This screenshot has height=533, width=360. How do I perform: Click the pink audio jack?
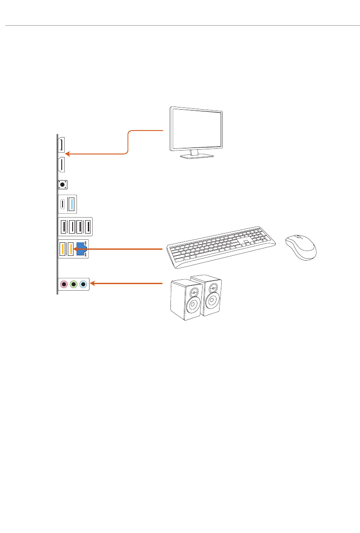(64, 285)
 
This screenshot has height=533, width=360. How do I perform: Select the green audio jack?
(74, 285)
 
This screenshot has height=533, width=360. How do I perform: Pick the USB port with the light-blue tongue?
(72, 204)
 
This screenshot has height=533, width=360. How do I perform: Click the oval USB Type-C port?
(63, 204)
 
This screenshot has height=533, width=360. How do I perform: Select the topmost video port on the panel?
(62, 145)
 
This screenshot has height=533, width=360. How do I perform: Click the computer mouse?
(300, 247)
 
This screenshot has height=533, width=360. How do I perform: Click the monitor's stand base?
(197, 156)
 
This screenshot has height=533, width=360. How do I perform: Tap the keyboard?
(221, 247)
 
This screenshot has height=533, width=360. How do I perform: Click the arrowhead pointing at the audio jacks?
(92, 284)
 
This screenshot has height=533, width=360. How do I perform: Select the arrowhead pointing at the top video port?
(67, 154)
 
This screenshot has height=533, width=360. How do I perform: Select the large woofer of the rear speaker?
(212, 300)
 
